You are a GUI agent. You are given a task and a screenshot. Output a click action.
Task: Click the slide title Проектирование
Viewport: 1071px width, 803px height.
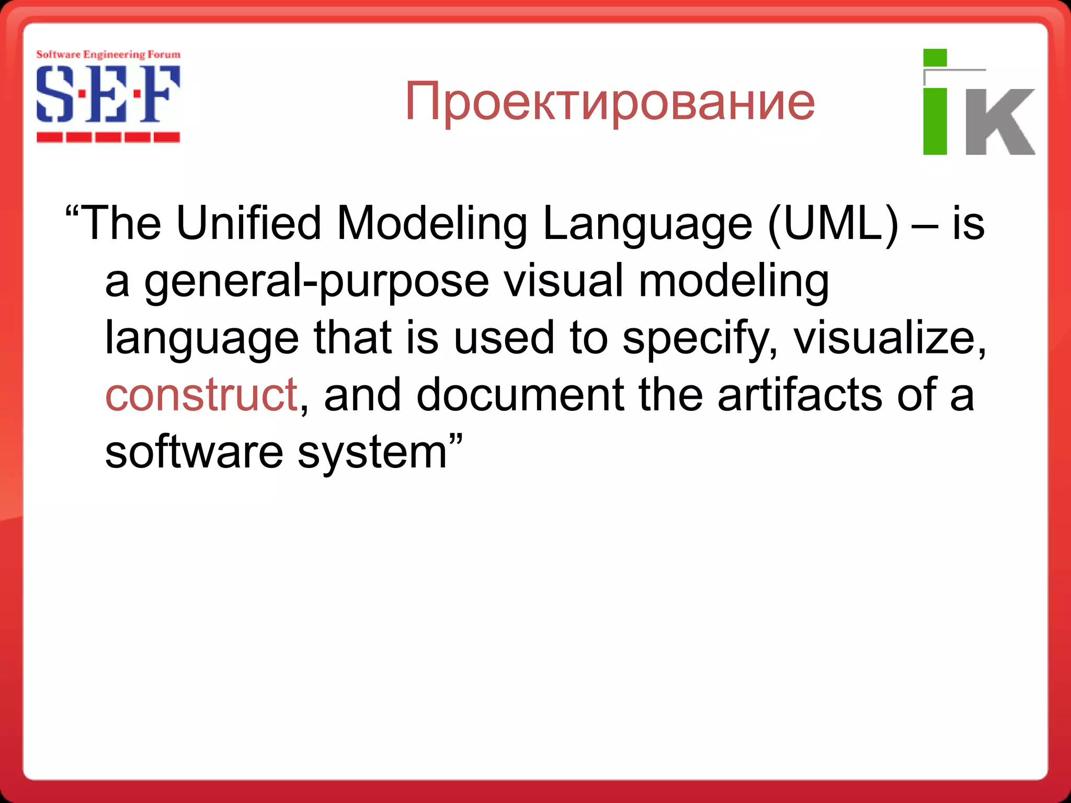[609, 102]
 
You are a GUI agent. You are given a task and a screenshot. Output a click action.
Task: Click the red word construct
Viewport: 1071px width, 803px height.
[201, 395]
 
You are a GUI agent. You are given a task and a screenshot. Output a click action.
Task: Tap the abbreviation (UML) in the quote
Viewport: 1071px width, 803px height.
[833, 224]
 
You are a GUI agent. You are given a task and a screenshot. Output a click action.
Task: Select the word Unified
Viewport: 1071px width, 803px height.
[248, 224]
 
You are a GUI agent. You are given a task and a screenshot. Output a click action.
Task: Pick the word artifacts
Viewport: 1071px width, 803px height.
[800, 395]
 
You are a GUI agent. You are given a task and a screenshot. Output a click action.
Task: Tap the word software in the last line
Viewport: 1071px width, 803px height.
[193, 452]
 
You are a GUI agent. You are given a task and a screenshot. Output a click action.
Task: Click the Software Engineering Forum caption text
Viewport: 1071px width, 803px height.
[108, 54]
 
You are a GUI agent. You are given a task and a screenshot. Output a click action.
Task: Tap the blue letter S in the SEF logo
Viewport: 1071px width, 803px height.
[54, 94]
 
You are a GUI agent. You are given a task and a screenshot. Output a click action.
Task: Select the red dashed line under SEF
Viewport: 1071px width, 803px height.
[108, 137]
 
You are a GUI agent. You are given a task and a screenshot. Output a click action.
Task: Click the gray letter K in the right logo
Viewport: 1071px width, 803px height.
[999, 122]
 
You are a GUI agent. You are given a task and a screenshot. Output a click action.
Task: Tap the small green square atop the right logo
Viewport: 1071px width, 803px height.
[935, 58]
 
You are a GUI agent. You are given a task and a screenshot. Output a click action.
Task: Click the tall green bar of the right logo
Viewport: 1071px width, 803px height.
[935, 122]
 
